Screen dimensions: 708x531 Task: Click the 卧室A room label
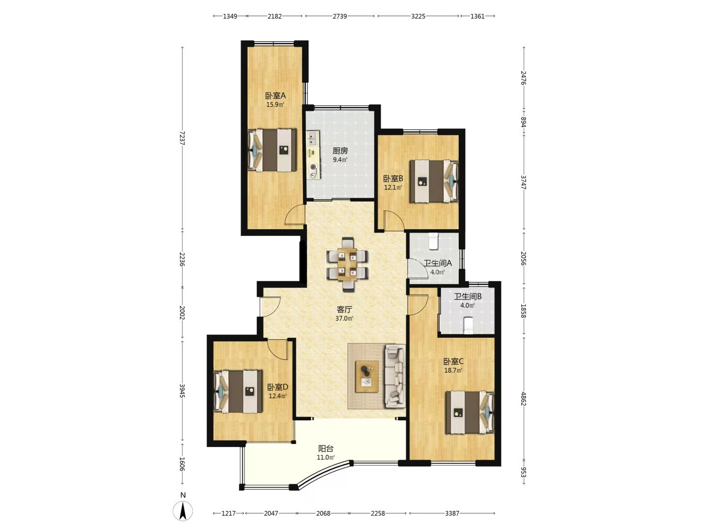[275, 95]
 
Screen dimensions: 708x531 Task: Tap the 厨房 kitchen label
[340, 151]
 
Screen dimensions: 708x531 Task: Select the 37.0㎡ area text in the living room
[344, 319]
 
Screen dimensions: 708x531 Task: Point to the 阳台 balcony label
[325, 448]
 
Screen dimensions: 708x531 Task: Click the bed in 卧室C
[470, 412]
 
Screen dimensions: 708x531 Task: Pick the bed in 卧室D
[238, 391]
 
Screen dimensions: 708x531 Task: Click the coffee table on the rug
[367, 377]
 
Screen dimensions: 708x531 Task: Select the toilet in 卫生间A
[434, 241]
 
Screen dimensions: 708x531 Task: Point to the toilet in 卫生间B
[468, 325]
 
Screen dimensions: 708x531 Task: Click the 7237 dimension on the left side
[182, 138]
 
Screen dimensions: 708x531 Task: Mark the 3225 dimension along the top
[418, 16]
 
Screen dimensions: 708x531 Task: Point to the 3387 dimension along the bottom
[452, 513]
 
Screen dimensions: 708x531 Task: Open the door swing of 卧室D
[277, 349]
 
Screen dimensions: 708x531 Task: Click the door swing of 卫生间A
[417, 268]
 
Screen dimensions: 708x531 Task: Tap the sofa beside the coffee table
[395, 376]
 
